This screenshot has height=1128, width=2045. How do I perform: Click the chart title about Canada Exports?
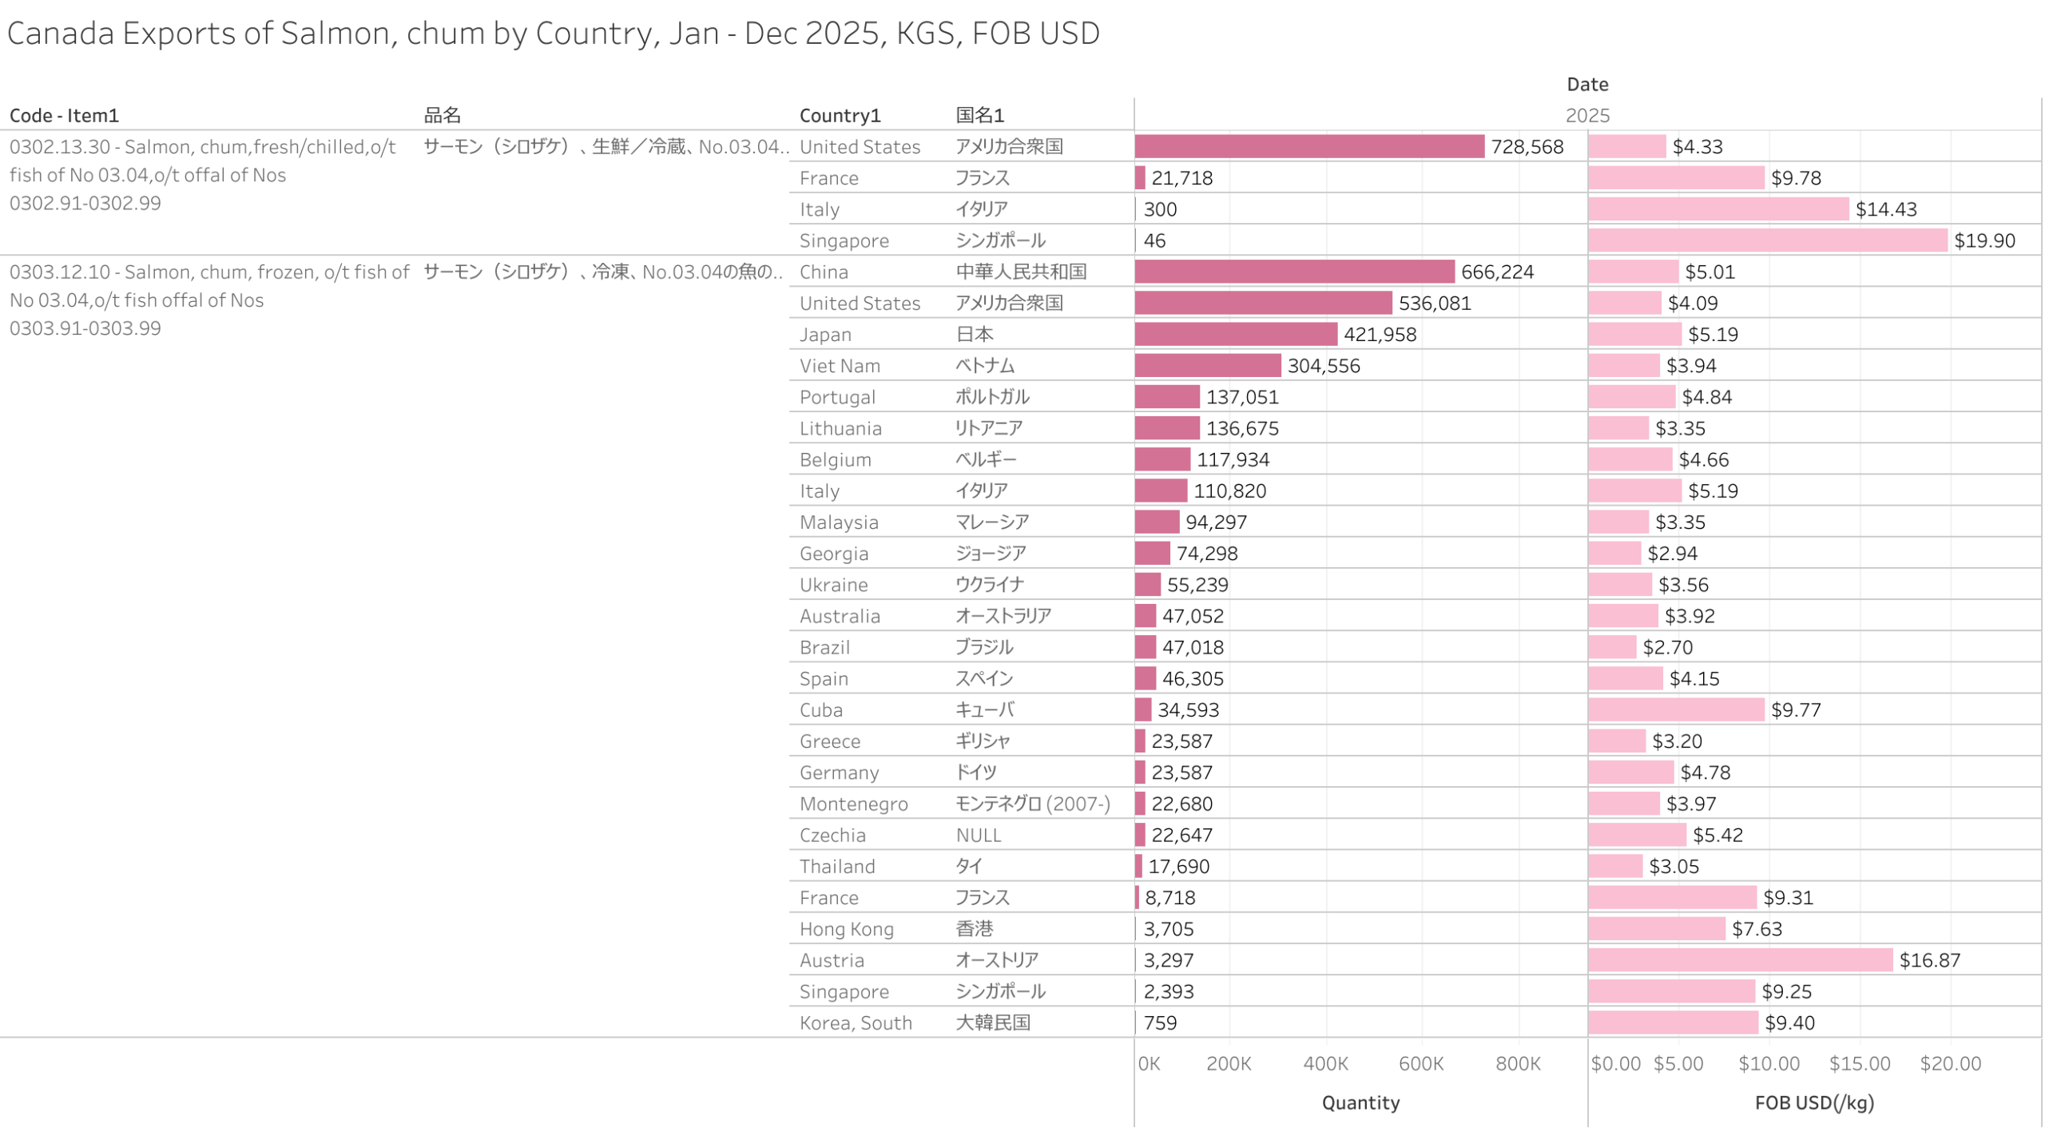[553, 34]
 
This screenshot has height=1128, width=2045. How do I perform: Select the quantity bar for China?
[1293, 272]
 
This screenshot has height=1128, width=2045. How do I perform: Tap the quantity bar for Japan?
[1235, 334]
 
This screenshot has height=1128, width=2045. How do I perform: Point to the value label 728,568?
[1526, 147]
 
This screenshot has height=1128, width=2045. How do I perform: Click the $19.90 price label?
[1983, 240]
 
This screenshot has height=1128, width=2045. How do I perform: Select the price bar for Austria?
[1739, 959]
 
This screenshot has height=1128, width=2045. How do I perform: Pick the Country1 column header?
[840, 116]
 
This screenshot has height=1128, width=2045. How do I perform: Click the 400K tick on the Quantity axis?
[1325, 1063]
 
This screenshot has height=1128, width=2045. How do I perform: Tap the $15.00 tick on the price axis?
[1859, 1063]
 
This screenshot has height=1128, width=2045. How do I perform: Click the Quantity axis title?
[1360, 1102]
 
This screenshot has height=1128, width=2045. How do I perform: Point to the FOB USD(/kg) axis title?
[1813, 1102]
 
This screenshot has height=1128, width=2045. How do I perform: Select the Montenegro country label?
[853, 804]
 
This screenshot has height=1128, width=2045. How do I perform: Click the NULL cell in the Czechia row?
[978, 835]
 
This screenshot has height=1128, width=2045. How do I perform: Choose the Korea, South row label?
[855, 1023]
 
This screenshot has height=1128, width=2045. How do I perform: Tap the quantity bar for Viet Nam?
[1207, 365]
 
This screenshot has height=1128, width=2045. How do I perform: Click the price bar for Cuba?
[1675, 709]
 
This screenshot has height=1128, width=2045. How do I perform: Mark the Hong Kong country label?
[846, 929]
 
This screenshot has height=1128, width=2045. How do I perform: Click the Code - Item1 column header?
[64, 116]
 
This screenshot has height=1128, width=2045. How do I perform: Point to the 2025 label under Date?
[1586, 116]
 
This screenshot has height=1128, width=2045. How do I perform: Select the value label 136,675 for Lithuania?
[1241, 428]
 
